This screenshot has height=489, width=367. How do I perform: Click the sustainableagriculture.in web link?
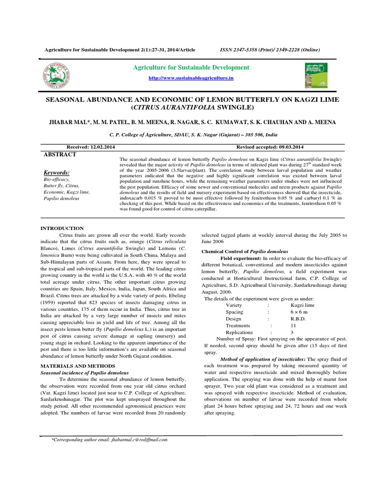coord(187,77)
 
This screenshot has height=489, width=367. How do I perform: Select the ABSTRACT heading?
coord(59,154)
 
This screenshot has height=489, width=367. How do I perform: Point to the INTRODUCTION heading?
coord(62,228)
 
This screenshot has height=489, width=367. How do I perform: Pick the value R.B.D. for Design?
coord(299,319)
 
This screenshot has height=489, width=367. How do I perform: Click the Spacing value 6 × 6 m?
coord(300,312)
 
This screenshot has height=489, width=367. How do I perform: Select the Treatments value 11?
coord(294,325)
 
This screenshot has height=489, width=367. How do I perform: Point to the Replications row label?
coord(240,332)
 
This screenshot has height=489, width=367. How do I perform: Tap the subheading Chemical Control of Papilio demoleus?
coord(245,251)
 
